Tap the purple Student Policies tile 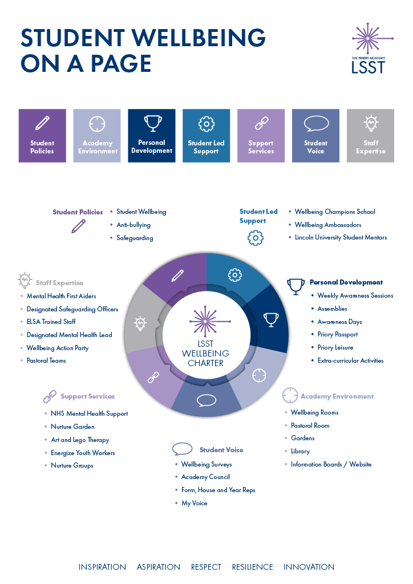42,136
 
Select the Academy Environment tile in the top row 97,136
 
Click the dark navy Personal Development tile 152,136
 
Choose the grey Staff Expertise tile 371,136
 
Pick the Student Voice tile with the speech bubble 316,136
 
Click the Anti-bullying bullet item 133,225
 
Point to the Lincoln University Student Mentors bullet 341,237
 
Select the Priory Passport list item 338,335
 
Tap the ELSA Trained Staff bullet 51,322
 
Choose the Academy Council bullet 205,477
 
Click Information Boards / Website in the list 331,464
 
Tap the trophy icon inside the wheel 270,318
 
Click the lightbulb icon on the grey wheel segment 140,324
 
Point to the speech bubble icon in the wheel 206,400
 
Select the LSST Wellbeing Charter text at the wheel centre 205,354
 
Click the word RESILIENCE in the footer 252,567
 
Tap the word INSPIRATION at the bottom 102,567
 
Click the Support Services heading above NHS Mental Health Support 87,396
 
